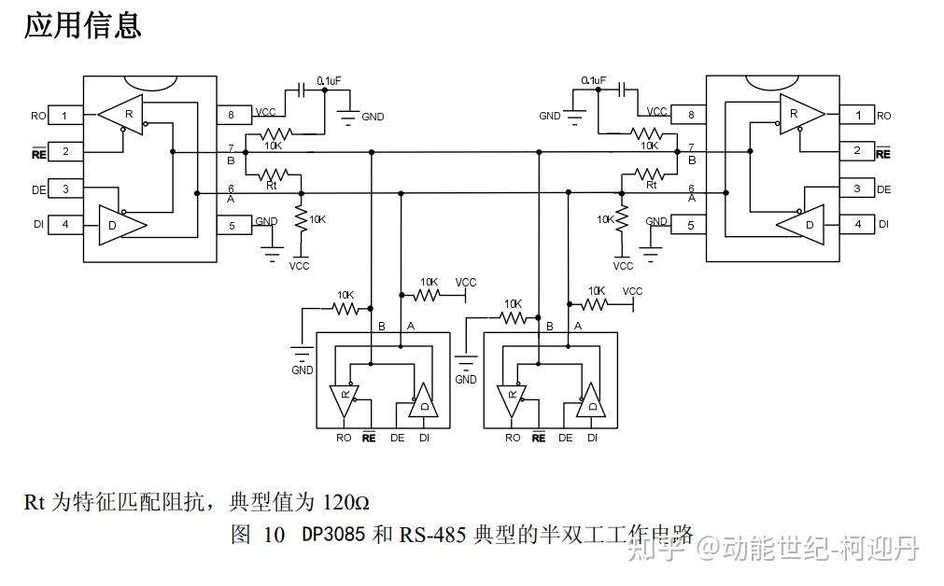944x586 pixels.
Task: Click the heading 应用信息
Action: click(x=82, y=25)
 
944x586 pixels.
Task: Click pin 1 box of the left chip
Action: click(x=64, y=116)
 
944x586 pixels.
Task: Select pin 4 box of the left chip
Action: click(x=64, y=224)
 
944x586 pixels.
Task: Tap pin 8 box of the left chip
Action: click(x=232, y=116)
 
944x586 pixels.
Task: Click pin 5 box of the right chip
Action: click(x=690, y=225)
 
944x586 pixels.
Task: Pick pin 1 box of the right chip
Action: click(x=856, y=115)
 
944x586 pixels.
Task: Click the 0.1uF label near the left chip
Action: click(x=329, y=80)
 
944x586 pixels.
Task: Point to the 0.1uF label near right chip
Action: click(x=592, y=80)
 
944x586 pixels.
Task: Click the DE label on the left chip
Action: click(x=38, y=189)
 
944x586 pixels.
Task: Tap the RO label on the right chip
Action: click(x=883, y=116)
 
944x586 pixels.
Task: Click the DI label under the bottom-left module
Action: click(x=424, y=438)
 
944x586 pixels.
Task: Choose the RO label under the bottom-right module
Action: click(x=512, y=438)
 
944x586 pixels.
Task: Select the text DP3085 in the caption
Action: click(x=334, y=536)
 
